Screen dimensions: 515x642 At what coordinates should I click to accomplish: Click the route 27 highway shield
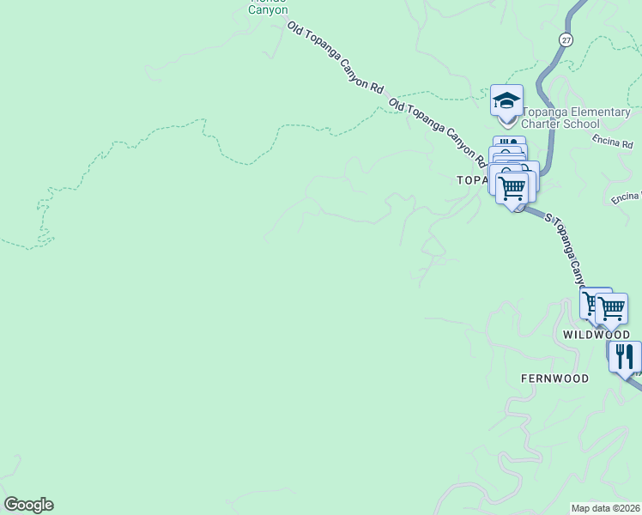click(565, 40)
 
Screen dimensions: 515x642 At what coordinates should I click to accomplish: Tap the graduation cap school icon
click(506, 100)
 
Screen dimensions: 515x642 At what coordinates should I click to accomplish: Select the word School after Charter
click(583, 124)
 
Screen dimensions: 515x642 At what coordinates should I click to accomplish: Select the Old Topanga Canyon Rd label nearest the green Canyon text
click(335, 58)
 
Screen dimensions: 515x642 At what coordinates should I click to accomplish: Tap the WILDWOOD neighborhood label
click(597, 335)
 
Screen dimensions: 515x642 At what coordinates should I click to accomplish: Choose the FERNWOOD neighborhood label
click(554, 379)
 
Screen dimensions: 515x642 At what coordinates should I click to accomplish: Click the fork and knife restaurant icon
click(625, 355)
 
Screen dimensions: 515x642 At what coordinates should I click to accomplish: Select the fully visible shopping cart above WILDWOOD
click(612, 307)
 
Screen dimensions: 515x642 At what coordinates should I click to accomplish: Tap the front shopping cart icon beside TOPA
click(512, 187)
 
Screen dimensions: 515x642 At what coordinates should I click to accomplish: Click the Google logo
click(28, 505)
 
